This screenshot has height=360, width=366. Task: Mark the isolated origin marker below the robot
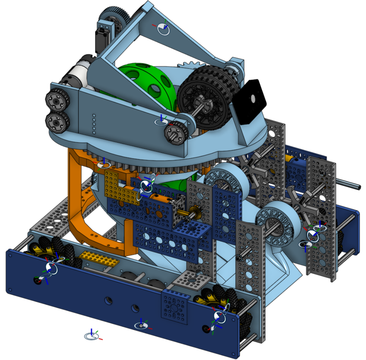(92, 336)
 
